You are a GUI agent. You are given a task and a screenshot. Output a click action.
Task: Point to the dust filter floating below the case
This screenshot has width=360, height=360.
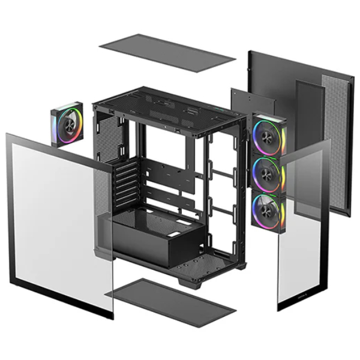pyautogui.click(x=171, y=302)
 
